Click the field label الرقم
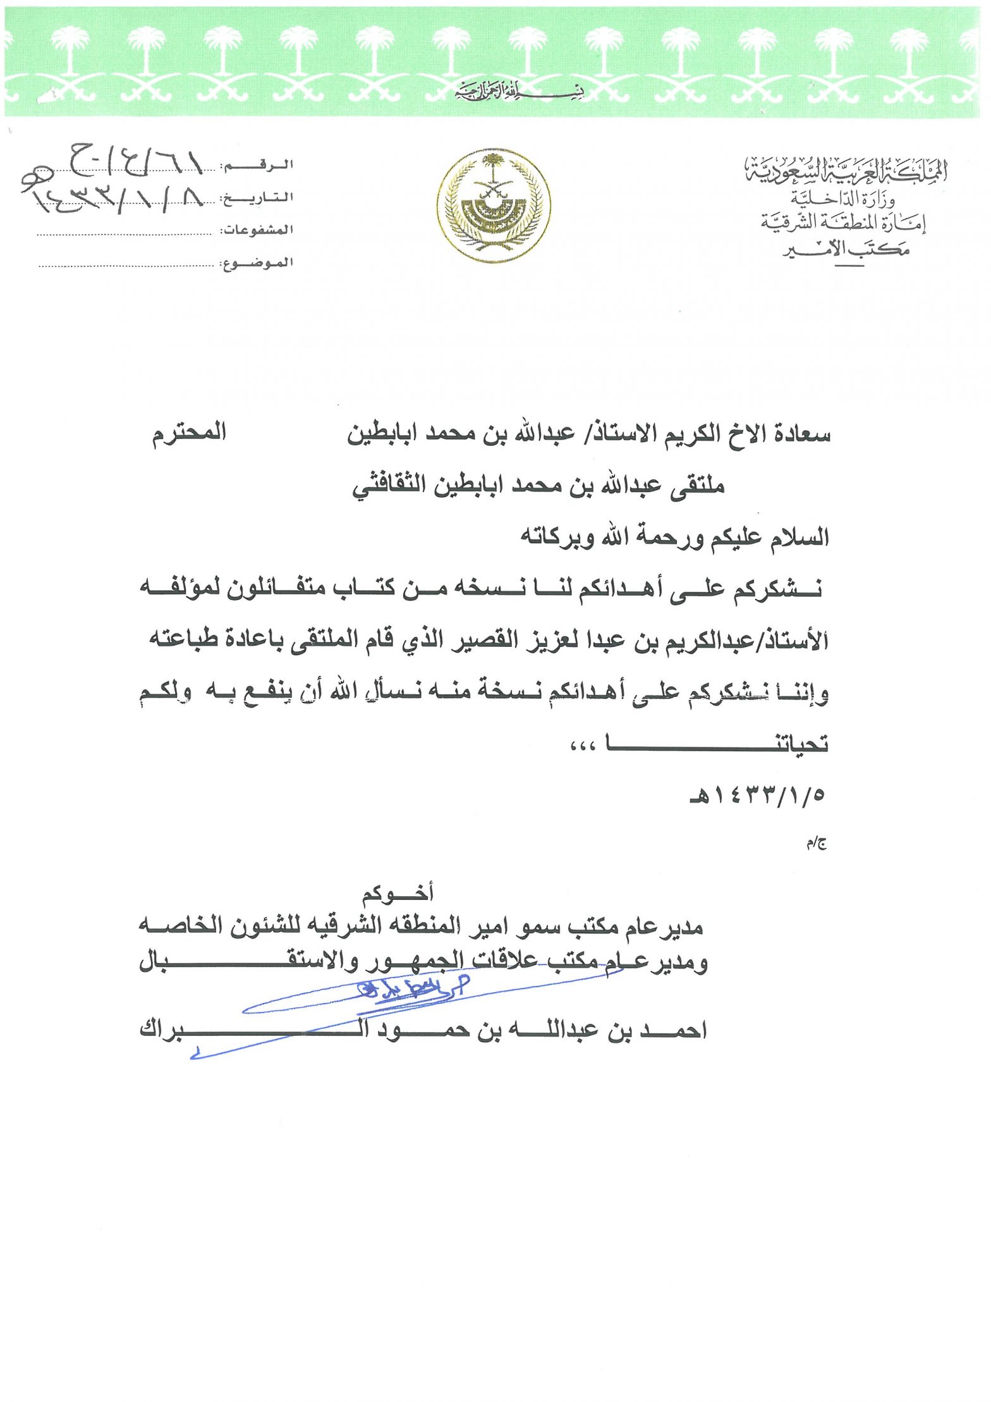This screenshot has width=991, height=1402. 257,166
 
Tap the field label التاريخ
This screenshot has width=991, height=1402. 257,198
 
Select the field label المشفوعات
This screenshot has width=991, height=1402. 257,230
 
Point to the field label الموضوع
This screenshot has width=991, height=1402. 257,262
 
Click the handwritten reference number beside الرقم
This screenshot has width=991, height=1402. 136,161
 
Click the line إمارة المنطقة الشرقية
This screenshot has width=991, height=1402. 843,223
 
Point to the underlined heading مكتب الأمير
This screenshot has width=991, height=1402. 846,250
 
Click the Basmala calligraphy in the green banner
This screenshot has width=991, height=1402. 519,94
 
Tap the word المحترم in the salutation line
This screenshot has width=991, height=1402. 189,435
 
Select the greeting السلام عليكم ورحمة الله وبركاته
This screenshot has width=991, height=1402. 674,538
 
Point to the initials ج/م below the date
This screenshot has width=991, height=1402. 817,844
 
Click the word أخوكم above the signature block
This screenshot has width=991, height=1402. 398,893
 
